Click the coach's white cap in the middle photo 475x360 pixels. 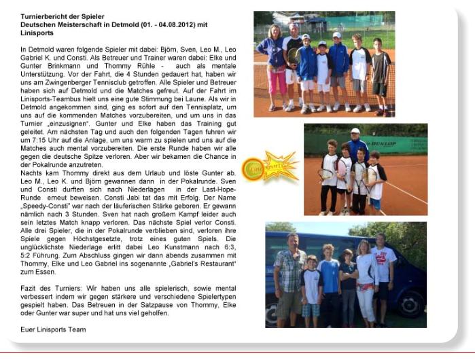pos(355,130)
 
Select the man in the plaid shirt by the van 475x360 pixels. pos(289,274)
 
